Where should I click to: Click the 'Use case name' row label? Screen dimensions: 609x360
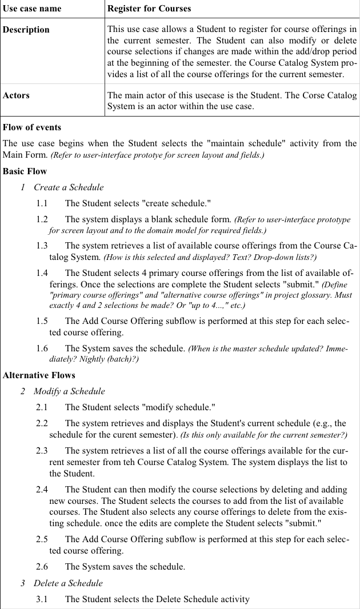coord(32,9)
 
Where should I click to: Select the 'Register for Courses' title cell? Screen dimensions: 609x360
coord(149,9)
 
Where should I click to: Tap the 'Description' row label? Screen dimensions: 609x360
coord(26,30)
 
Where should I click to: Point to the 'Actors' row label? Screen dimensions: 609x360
coord(16,95)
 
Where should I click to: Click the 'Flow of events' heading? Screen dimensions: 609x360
coord(32,127)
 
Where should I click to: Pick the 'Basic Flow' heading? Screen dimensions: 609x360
coord(25,171)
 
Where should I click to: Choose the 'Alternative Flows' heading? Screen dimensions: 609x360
coord(39,375)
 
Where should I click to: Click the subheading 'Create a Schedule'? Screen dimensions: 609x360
coord(69,187)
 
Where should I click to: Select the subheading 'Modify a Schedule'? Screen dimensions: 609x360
coord(69,391)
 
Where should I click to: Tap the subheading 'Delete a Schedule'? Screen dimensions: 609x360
coord(68,583)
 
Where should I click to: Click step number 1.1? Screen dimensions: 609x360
coord(42,203)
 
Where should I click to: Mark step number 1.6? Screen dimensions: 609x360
coord(42,348)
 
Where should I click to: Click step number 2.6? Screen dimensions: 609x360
coord(42,567)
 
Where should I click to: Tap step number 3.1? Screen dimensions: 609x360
coord(42,599)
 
